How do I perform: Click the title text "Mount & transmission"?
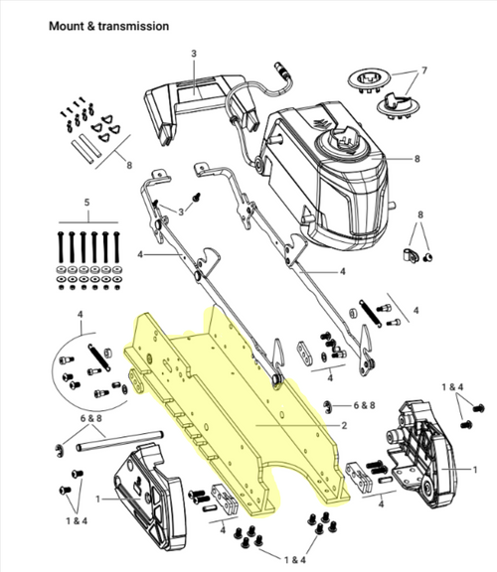point(108,24)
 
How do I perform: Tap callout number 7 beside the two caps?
point(424,71)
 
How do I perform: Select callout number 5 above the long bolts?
point(86,203)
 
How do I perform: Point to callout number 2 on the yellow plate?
point(343,425)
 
